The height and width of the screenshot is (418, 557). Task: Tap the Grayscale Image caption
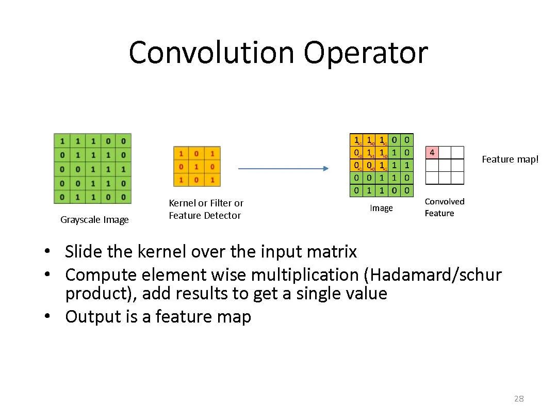pyautogui.click(x=94, y=220)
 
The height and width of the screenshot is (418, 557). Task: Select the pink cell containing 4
pyautogui.click(x=432, y=153)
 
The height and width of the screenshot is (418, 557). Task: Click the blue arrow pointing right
pyautogui.click(x=283, y=168)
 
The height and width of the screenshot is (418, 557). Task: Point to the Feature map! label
pyautogui.click(x=510, y=159)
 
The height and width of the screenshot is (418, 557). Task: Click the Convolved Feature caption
pyautogui.click(x=444, y=207)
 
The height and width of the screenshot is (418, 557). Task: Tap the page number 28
pyautogui.click(x=519, y=398)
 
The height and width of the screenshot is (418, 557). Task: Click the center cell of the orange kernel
pyautogui.click(x=196, y=167)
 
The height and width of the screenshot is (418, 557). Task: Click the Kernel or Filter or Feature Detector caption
pyautogui.click(x=206, y=209)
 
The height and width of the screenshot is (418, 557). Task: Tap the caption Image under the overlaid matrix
pyautogui.click(x=381, y=208)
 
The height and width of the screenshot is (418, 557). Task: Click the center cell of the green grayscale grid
pyautogui.click(x=93, y=169)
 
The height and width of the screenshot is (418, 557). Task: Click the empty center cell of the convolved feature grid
pyautogui.click(x=445, y=165)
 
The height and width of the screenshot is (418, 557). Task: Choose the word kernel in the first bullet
pyautogui.click(x=161, y=252)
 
